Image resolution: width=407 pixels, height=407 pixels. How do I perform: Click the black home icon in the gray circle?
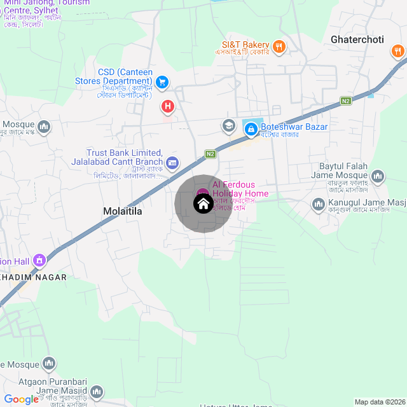click(x=203, y=204)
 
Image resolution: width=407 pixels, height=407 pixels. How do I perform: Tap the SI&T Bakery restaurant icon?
click(x=279, y=46)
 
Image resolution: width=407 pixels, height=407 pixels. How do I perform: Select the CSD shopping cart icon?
click(x=162, y=81)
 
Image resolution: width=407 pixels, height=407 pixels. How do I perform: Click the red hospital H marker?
click(x=167, y=106)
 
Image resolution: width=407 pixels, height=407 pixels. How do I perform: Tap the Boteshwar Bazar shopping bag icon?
click(x=251, y=129)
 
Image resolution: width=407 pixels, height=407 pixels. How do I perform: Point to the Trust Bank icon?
click(x=172, y=163)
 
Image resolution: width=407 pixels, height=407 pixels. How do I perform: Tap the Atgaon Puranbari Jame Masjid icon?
click(x=97, y=392)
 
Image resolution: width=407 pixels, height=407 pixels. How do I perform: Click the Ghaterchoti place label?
click(x=357, y=39)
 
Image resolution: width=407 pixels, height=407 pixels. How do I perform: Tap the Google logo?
click(x=21, y=399)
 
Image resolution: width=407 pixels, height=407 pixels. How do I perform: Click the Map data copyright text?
click(x=379, y=402)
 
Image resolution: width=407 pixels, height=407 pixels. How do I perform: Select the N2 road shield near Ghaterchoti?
click(x=345, y=100)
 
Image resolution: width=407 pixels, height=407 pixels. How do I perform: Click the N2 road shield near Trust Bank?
click(x=210, y=153)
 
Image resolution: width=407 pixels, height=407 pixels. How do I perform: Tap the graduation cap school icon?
click(x=228, y=126)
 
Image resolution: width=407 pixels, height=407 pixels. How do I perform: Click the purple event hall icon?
click(x=39, y=260)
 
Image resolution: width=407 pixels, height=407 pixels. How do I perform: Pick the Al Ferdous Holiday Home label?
click(x=240, y=189)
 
